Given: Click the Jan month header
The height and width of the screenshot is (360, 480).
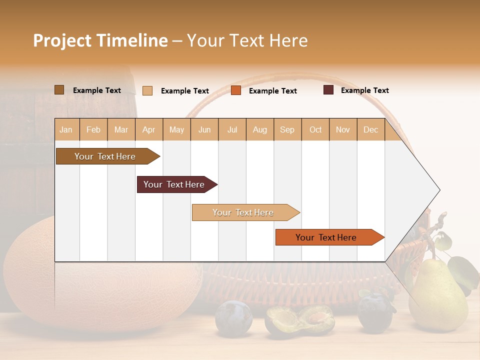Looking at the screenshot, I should (x=66, y=129).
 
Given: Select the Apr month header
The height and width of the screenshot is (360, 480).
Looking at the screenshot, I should (x=148, y=129).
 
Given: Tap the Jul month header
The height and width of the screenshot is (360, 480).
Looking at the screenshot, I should (x=232, y=129).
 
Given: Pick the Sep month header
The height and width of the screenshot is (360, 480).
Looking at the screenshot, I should (x=287, y=129).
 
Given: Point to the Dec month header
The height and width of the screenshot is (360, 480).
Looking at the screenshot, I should (x=370, y=129).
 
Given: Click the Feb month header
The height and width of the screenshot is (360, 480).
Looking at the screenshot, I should (x=93, y=129).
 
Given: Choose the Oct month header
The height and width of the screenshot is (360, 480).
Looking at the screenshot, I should (x=315, y=129).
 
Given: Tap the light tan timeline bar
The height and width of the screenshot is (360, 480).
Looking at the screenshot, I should (x=243, y=212).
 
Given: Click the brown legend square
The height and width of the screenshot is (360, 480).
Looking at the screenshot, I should (x=59, y=90).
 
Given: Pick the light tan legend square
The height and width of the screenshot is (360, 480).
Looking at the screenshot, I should (x=147, y=90).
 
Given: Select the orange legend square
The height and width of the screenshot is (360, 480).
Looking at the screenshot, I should (x=236, y=90).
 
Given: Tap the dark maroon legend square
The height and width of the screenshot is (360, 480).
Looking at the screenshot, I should (x=328, y=90).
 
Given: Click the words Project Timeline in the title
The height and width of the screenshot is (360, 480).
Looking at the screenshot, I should (x=100, y=40).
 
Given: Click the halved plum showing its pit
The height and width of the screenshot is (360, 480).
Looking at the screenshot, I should (x=299, y=320).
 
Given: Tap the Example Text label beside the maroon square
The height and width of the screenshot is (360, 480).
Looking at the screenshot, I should (x=364, y=90).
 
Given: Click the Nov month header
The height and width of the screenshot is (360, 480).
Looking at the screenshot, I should (x=343, y=129).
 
